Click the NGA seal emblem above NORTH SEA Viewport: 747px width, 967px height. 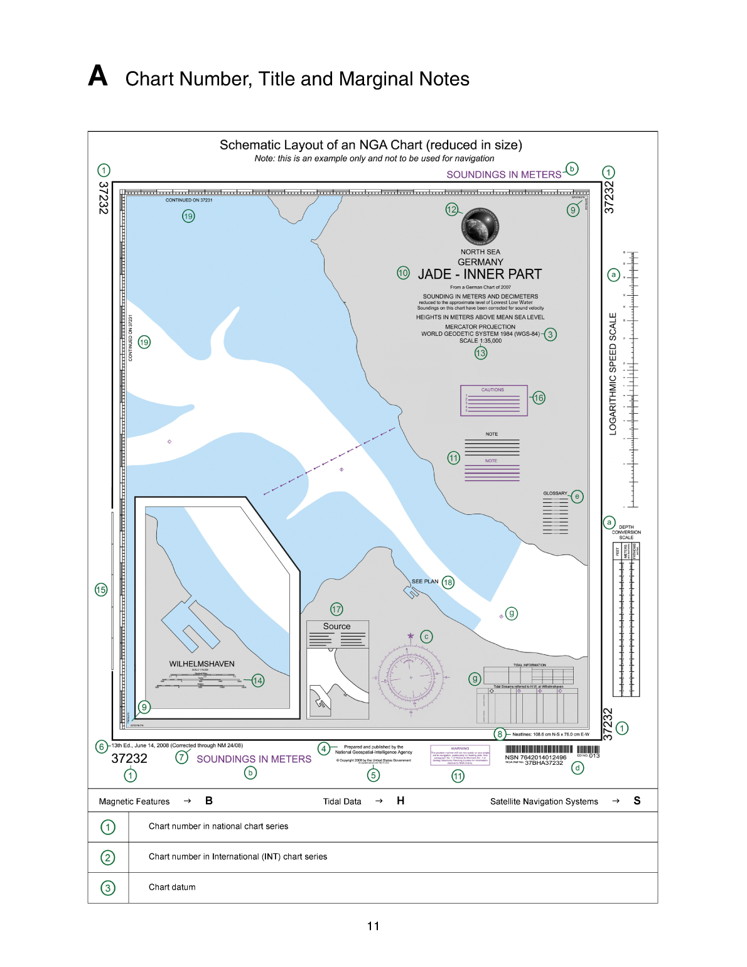pos(480,227)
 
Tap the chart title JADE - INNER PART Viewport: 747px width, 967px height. pos(480,274)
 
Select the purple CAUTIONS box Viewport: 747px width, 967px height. pos(493,401)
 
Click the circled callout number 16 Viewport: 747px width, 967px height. pos(539,397)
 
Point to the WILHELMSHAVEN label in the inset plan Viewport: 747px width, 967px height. pos(202,664)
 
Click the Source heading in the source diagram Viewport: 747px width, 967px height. pos(336,626)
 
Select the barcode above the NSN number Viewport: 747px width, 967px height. pos(539,749)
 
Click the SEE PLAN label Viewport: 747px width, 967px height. pos(425,581)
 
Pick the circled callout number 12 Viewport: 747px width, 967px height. pos(452,210)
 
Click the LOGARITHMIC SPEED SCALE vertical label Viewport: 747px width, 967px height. pos(613,374)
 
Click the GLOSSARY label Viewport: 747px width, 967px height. pos(555,494)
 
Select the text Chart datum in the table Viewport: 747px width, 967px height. pos(172,887)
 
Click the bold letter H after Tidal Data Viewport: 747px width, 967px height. pos(400,801)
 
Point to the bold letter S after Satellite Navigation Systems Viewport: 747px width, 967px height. pos(637,801)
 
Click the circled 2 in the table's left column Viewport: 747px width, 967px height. pos(108,858)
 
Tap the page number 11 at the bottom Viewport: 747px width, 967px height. pos(373,926)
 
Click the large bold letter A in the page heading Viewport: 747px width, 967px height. pos(98,76)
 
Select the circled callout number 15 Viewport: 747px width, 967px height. pos(101,590)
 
